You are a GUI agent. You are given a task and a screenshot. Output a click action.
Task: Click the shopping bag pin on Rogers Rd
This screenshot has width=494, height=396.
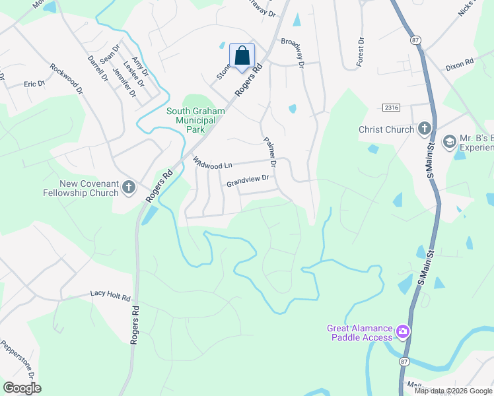click(x=242, y=56)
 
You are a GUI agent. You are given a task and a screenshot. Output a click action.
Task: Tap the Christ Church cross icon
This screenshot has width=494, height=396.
click(x=424, y=129)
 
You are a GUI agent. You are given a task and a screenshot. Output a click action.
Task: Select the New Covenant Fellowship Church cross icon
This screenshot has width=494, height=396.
click(x=129, y=188)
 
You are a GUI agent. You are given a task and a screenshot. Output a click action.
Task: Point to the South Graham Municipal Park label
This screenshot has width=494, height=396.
click(x=195, y=121)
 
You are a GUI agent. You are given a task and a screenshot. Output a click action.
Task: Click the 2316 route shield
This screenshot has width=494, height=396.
click(x=392, y=108)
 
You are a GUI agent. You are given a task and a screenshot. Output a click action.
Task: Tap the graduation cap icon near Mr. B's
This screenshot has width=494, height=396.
click(x=450, y=141)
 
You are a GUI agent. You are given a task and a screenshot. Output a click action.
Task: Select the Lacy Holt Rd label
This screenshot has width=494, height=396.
click(x=110, y=297)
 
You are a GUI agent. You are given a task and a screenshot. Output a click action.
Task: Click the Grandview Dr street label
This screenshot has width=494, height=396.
click(x=248, y=178)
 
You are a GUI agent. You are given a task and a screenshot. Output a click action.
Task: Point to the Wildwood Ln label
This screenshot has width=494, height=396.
click(x=212, y=162)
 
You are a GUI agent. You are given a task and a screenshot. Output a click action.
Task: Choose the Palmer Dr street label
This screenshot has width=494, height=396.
click(x=269, y=151)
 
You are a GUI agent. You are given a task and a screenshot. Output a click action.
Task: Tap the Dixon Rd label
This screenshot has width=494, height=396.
click(x=460, y=63)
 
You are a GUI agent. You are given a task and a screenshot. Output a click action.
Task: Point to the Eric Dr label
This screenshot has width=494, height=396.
click(x=34, y=84)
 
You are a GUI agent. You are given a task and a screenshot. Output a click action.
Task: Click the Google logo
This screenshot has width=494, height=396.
click(x=22, y=387)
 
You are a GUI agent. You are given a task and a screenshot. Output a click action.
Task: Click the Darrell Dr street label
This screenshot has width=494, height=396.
click(x=98, y=68)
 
